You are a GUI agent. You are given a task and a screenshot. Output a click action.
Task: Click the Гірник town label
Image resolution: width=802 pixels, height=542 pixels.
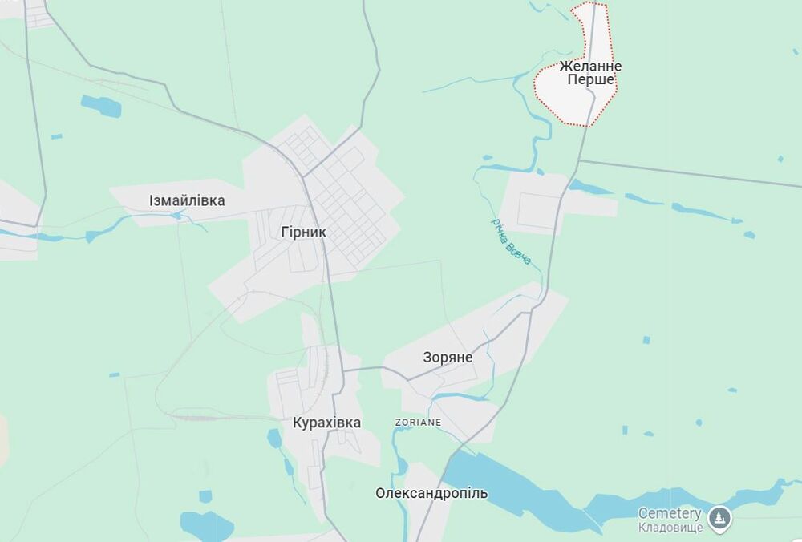[304, 233]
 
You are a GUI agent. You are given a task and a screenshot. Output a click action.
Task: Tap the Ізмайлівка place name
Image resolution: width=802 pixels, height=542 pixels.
[187, 200]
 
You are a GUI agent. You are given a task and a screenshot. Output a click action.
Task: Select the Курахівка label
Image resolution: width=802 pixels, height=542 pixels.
[326, 423]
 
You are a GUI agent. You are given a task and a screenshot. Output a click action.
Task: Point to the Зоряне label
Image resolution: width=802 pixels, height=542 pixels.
[448, 358]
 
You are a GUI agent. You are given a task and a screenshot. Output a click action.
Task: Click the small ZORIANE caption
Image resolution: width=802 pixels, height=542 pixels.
[418, 422]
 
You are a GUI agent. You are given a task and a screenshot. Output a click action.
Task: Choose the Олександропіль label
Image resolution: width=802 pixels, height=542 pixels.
[431, 493]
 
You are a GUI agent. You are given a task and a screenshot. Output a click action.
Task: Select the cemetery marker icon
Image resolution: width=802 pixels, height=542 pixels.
[719, 518]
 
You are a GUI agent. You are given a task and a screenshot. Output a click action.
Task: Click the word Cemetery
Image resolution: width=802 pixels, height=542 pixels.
[670, 513]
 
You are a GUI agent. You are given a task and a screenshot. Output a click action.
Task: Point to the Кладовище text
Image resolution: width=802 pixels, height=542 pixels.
[670, 527]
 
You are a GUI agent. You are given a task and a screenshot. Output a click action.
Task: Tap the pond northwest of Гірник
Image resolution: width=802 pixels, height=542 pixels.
[101, 106]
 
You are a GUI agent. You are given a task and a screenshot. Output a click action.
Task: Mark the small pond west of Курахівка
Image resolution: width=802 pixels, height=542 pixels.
[274, 439]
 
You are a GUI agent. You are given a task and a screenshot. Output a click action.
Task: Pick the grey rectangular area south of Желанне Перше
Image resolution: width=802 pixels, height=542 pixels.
[533, 204]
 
